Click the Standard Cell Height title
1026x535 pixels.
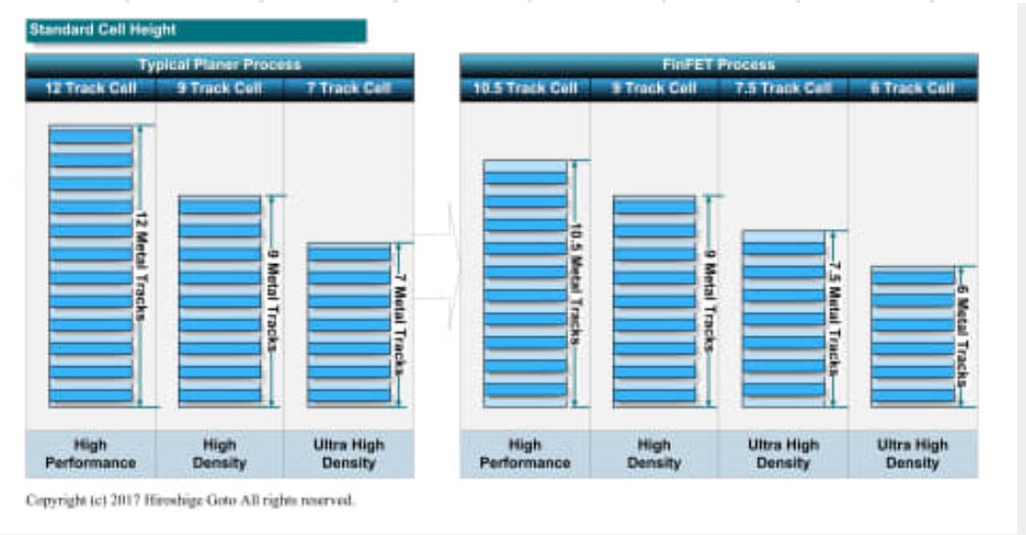[103, 29]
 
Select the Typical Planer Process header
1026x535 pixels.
[219, 65]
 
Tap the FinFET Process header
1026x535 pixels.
[718, 65]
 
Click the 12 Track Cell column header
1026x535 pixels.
[91, 89]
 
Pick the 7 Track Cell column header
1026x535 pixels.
[348, 89]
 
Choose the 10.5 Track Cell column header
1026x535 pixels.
[525, 89]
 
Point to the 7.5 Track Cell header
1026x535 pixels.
[784, 89]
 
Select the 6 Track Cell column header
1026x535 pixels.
[913, 89]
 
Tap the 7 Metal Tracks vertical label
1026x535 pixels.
[399, 325]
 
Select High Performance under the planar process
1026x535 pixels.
[91, 453]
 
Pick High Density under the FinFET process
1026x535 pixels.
[654, 453]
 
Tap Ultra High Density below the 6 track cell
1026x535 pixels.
[913, 453]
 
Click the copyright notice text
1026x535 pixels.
[191, 501]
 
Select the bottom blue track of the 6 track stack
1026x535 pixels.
[913, 396]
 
